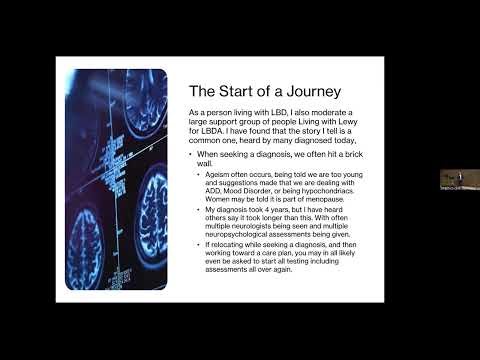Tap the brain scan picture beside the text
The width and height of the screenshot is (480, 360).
point(115,180)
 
